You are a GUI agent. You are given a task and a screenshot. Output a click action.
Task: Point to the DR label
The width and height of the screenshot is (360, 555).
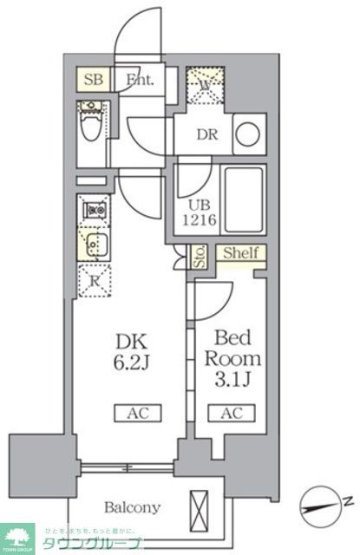coord(206,135)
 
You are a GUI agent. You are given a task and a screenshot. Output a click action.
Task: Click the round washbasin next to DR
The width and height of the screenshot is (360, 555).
coord(247,135)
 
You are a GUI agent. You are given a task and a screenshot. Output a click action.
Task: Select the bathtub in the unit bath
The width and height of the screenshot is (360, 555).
coord(242,199)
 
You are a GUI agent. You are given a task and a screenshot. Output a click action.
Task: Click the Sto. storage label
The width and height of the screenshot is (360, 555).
coord(199,258)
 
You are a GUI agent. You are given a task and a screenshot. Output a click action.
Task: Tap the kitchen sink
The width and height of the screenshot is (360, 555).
coord(93,242)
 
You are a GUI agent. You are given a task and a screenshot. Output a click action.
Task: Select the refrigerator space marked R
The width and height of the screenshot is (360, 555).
coord(94,279)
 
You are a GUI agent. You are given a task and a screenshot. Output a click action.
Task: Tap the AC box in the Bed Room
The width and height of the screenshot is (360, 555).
coord(231,413)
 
